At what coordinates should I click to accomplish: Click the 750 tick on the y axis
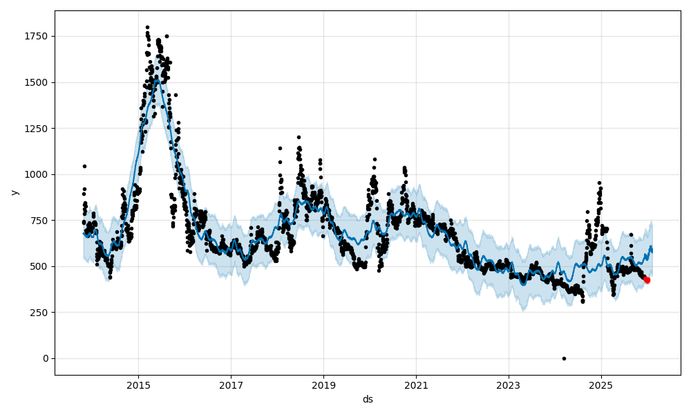coord(41,220)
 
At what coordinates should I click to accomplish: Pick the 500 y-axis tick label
coord(41,266)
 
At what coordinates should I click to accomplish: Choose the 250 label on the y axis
coord(41,312)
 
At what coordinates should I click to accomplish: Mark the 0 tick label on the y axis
coord(46,358)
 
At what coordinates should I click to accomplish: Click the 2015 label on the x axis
coord(138,385)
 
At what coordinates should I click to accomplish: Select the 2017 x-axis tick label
coord(231,385)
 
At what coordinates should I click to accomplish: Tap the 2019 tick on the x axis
coord(323,385)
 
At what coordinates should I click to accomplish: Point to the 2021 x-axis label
coord(416,385)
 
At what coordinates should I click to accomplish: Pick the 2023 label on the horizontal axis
coord(509,385)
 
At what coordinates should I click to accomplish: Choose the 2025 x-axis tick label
coord(601,385)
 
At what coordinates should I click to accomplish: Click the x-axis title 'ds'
coord(368,399)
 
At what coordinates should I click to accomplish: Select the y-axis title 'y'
coord(13,192)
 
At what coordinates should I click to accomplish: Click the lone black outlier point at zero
coord(564,358)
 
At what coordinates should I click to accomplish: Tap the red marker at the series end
coord(647,280)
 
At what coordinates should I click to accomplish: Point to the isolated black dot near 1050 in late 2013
coord(84,166)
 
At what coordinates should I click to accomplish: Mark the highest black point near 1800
coord(147,27)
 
